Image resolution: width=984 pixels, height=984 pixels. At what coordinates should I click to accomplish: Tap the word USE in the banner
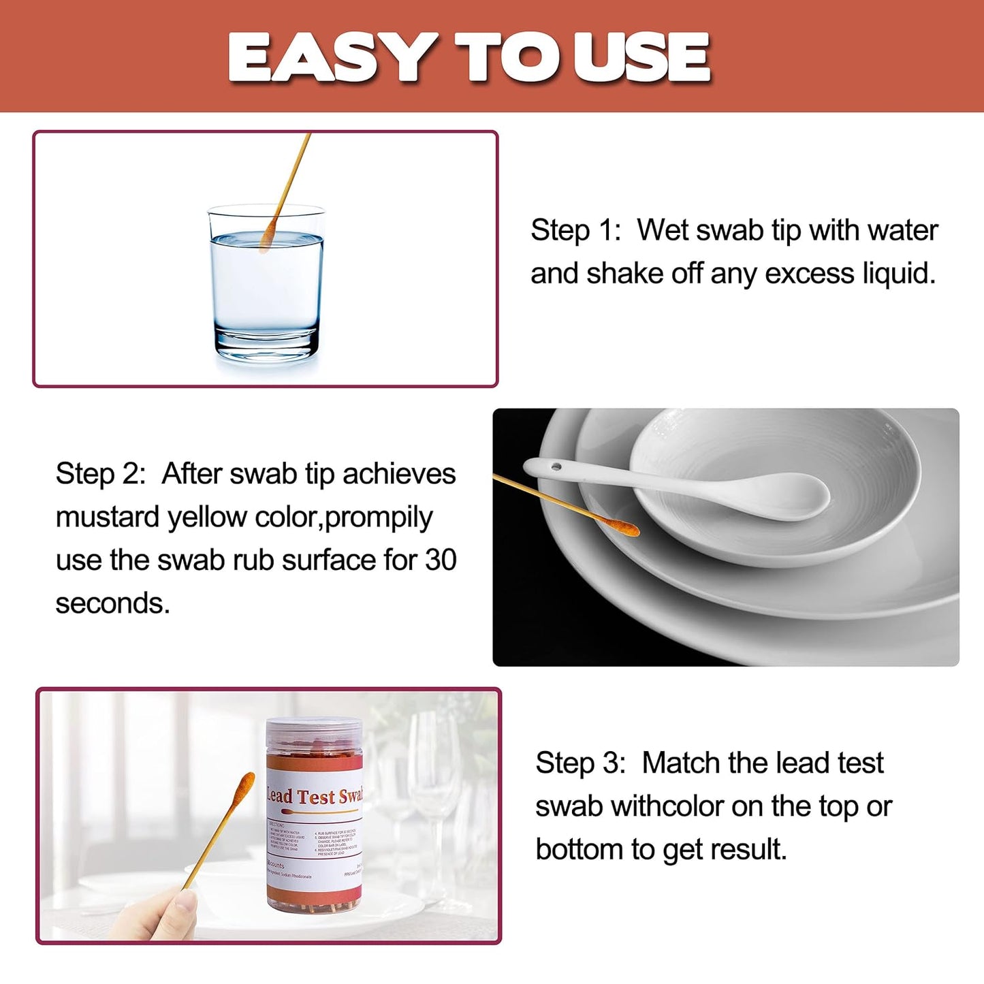[x=641, y=58]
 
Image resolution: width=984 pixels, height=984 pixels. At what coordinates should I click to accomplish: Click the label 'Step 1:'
[x=575, y=230]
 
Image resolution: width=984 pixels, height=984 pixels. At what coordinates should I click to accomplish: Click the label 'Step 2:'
[x=101, y=474]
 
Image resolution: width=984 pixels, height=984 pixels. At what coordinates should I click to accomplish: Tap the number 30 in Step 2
[x=441, y=560]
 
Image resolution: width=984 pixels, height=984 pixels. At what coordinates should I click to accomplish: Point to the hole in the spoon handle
[x=556, y=467]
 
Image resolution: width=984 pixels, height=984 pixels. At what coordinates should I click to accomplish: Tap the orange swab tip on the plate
[x=621, y=526]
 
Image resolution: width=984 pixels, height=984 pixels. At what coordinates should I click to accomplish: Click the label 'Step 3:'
[x=580, y=763]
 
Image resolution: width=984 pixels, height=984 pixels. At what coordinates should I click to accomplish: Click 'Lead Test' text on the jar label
[x=302, y=796]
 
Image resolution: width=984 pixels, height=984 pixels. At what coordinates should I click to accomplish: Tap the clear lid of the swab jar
[x=314, y=732]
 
